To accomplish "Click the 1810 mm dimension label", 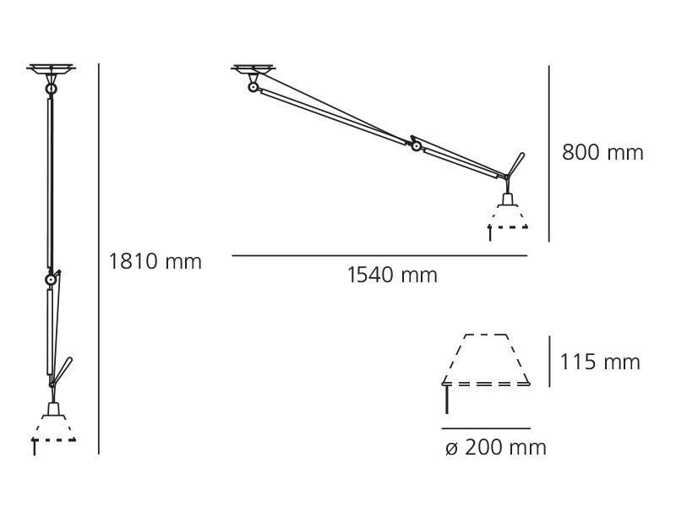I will click(x=155, y=261).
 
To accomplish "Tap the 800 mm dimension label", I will click(x=602, y=153).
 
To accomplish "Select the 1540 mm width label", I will click(x=392, y=275).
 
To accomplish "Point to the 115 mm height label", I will click(x=600, y=363).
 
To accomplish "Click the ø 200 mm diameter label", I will click(x=496, y=447).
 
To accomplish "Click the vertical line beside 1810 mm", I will click(x=99, y=253).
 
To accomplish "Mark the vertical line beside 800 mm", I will click(x=549, y=152).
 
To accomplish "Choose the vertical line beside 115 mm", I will click(x=550, y=362).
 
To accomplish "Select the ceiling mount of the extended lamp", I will click(x=253, y=69).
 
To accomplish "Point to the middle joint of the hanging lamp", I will click(x=52, y=278).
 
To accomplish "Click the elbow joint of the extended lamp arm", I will click(x=415, y=144).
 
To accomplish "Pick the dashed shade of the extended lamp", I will click(x=507, y=215).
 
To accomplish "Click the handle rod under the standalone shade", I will click(x=445, y=400).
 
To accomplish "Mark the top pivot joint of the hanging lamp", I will click(x=51, y=87).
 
